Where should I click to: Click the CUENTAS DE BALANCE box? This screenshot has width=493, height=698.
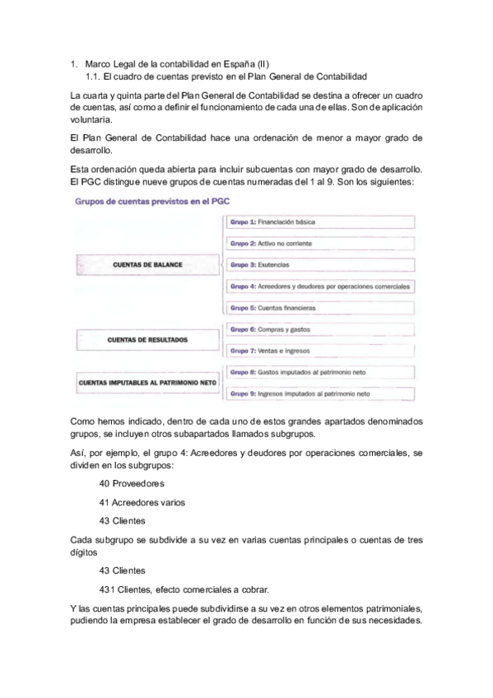coord(147,265)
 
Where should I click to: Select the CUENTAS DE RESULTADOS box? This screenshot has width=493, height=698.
coord(147,339)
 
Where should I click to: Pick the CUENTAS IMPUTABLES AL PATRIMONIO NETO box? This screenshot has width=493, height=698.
coord(147,383)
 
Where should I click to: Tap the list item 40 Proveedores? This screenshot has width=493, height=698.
coord(132,483)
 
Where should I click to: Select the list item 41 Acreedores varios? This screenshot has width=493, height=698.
coord(142,501)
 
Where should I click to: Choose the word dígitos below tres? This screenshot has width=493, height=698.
coord(86,553)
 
